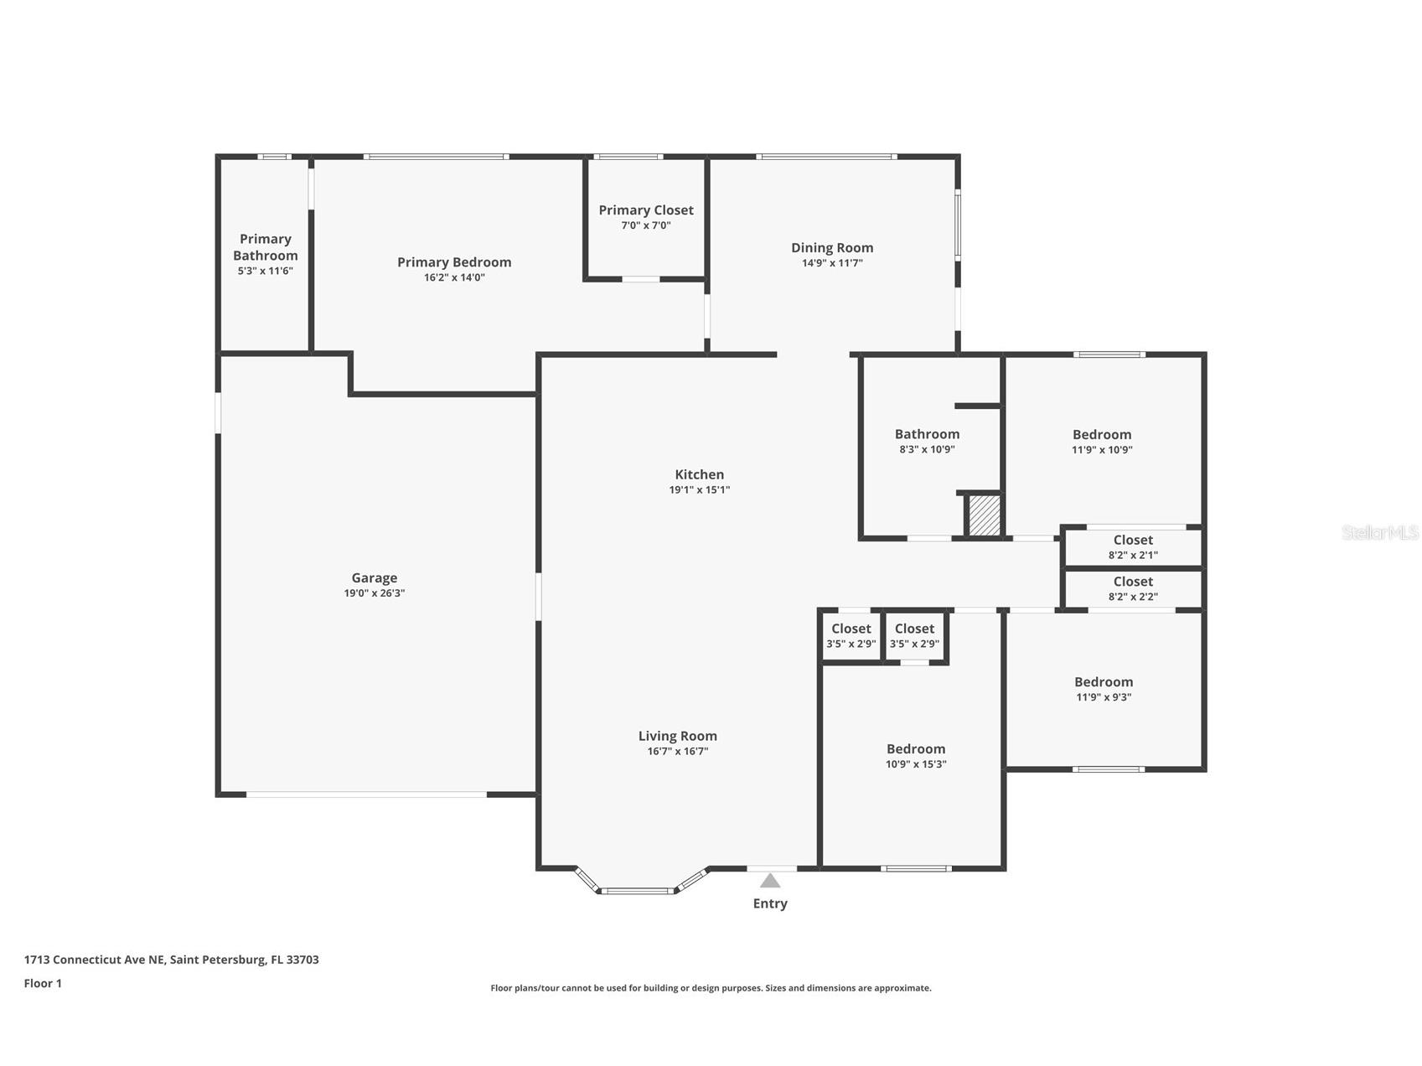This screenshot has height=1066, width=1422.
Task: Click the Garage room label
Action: click(x=374, y=577)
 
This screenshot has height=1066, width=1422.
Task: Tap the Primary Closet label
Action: click(x=646, y=210)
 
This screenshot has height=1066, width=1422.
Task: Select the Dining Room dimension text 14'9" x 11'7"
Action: click(x=832, y=263)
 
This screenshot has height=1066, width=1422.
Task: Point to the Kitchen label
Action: click(x=700, y=474)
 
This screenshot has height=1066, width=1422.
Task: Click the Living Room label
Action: click(x=678, y=736)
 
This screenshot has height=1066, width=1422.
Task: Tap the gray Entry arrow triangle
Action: click(x=770, y=880)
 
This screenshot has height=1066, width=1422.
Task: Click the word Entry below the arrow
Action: click(x=770, y=903)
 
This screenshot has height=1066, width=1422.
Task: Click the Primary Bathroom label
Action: click(x=266, y=247)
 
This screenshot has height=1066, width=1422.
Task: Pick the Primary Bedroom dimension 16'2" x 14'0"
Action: click(x=454, y=277)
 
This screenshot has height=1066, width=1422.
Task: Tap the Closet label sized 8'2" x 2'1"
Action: click(x=1133, y=540)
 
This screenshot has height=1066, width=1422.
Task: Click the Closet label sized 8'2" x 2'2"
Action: click(x=1133, y=582)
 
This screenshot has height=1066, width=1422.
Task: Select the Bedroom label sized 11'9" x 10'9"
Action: click(x=1102, y=434)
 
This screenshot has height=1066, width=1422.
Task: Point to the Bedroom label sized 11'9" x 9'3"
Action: click(x=1104, y=682)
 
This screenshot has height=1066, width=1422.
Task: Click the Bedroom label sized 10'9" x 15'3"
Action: click(x=916, y=749)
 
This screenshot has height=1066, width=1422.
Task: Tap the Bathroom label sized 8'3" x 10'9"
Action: click(x=927, y=434)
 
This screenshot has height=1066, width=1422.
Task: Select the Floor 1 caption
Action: click(x=43, y=983)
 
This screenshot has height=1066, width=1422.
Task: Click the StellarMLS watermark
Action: click(x=1380, y=532)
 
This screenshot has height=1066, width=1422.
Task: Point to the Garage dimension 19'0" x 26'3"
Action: click(x=374, y=593)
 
